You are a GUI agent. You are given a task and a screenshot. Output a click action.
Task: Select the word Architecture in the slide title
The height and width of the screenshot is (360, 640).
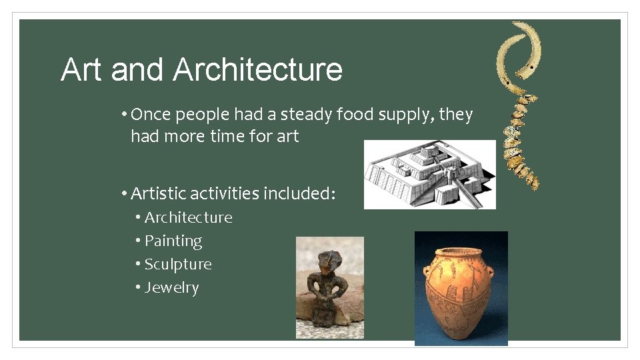258,70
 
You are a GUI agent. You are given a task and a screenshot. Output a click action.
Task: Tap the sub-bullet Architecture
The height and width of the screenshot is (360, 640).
188,217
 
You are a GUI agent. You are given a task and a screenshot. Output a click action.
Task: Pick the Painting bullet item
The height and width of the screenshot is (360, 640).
173,241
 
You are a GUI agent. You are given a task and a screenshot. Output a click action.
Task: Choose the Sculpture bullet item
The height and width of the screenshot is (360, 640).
178,264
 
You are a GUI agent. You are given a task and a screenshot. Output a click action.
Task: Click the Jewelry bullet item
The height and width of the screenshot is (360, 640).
171,287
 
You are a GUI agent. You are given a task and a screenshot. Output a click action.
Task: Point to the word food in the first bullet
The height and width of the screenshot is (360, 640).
355,115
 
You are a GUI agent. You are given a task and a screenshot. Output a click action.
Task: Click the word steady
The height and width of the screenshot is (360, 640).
305,115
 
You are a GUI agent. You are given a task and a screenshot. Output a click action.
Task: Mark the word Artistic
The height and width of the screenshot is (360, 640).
158,194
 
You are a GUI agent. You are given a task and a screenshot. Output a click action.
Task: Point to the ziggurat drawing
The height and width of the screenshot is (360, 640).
430,174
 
